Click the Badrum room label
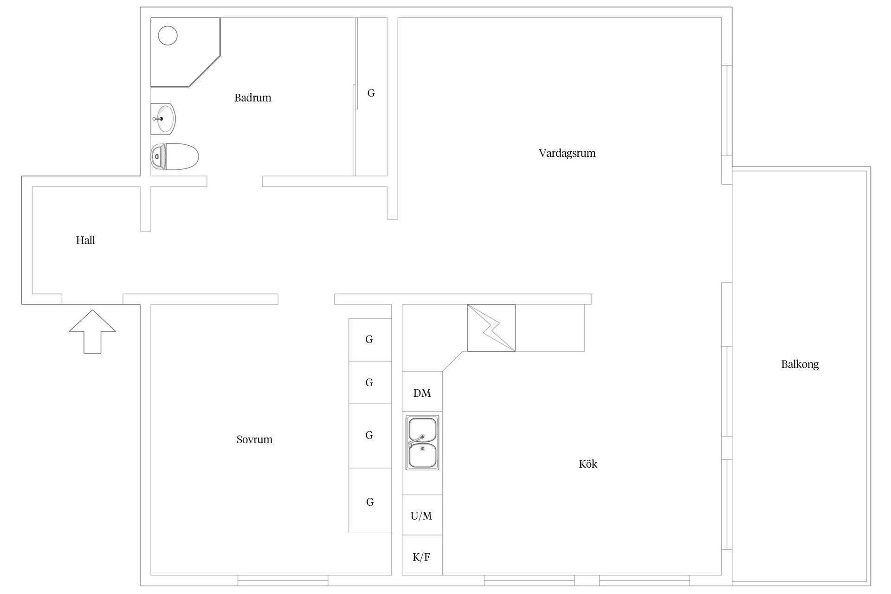(252, 97)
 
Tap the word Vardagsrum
(567, 153)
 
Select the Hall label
(85, 240)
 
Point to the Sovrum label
(254, 439)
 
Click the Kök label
(588, 464)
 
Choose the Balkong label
(800, 364)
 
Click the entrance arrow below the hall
(92, 331)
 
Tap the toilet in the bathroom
(174, 156)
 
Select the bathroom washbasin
(163, 119)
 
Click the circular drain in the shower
(168, 35)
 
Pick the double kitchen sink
(422, 443)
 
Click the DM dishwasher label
(422, 394)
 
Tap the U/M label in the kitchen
(421, 516)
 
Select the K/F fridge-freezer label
(421, 557)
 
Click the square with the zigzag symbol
(491, 328)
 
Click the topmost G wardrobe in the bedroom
(370, 340)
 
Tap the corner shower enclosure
(185, 52)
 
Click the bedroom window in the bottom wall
(283, 581)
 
